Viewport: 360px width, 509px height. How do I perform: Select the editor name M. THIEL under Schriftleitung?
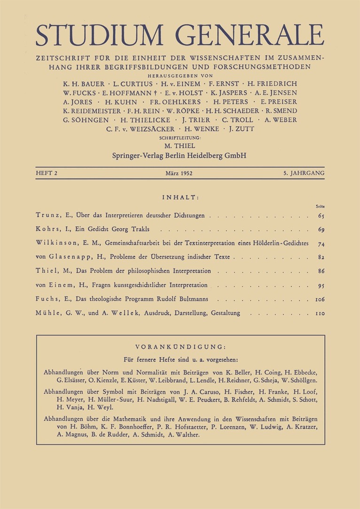pos(180,146)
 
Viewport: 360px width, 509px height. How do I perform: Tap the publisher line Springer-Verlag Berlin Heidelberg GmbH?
pos(180,155)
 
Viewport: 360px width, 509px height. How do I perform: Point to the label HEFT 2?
pos(46,173)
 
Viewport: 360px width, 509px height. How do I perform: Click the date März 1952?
pos(180,173)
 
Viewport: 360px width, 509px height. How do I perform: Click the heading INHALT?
pos(180,197)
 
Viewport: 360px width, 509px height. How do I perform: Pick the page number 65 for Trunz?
pos(321,216)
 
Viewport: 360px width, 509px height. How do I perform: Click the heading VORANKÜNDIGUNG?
pos(180,347)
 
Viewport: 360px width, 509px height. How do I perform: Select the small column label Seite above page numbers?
pos(321,206)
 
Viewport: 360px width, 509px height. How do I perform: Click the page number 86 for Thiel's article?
pos(321,271)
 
